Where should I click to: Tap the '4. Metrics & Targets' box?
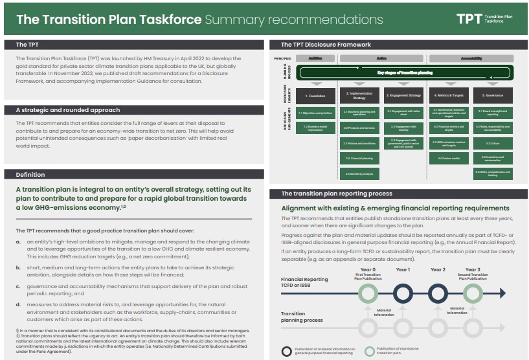(449, 96)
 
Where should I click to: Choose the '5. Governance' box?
(493, 96)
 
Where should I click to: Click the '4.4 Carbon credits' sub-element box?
(449, 158)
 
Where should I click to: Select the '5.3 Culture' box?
(493, 143)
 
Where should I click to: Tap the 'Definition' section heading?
(30, 175)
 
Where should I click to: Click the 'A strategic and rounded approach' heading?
(67, 110)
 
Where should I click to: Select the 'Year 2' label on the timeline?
(438, 270)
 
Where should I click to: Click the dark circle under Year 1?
(403, 293)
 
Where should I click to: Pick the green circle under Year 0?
(368, 293)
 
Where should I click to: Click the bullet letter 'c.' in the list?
(19, 286)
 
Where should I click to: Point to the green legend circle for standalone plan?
(370, 352)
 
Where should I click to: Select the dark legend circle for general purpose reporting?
(287, 352)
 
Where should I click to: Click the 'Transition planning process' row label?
(302, 317)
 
